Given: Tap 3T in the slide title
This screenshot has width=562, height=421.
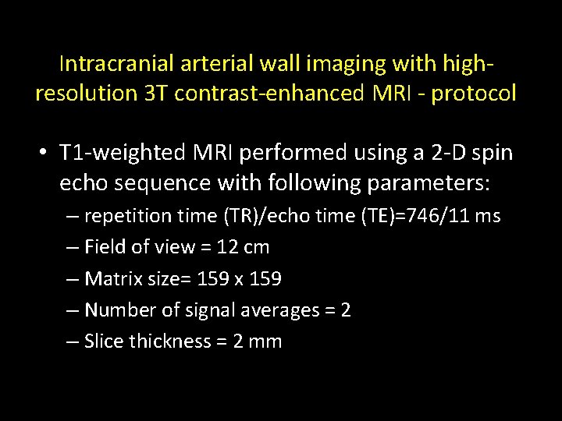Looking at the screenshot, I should click(x=152, y=94).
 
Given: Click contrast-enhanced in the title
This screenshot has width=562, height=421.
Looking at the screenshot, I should click(x=269, y=94).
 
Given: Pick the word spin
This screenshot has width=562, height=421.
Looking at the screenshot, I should click(x=493, y=153).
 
